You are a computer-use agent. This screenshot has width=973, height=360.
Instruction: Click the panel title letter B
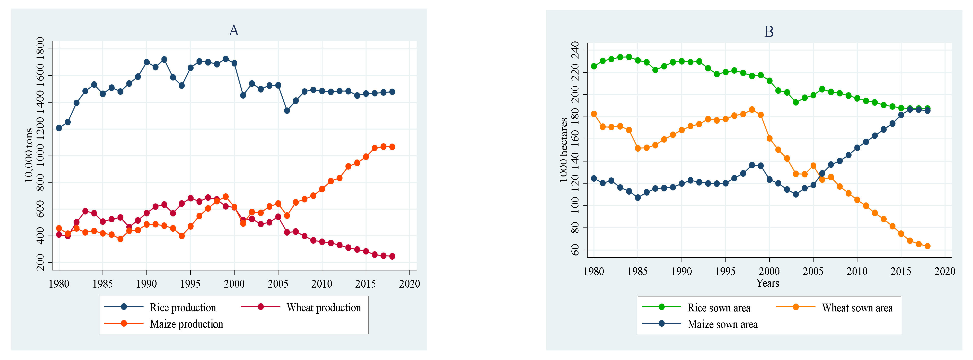(769, 32)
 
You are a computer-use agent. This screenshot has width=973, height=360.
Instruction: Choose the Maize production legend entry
(164, 324)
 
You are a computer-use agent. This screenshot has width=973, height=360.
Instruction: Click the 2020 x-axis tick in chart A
(409, 284)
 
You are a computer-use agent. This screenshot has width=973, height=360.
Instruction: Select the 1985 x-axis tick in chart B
(638, 271)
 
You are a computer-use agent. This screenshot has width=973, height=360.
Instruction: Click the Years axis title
(767, 283)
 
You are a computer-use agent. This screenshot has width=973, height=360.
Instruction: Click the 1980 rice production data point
(59, 128)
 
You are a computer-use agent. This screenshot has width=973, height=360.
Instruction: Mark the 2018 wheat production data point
(392, 256)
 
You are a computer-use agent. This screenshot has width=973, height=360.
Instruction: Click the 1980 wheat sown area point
(594, 114)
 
